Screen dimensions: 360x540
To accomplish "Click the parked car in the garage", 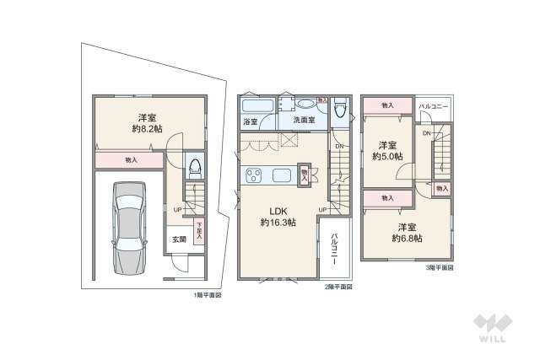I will [x=128, y=228].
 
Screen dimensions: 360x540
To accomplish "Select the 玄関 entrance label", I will [x=180, y=239].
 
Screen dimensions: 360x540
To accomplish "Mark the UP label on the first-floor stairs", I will [x=178, y=209].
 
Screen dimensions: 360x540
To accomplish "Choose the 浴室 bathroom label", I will [x=251, y=121].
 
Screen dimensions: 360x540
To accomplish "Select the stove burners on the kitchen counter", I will [x=255, y=175].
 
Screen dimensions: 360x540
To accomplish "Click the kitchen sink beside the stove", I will [x=281, y=175].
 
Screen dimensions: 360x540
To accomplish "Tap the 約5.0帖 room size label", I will [x=388, y=156].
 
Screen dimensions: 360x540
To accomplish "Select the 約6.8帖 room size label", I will [x=408, y=238].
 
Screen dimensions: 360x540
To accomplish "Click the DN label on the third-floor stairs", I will [x=427, y=134].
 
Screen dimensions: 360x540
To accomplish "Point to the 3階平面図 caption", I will [x=439, y=267].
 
